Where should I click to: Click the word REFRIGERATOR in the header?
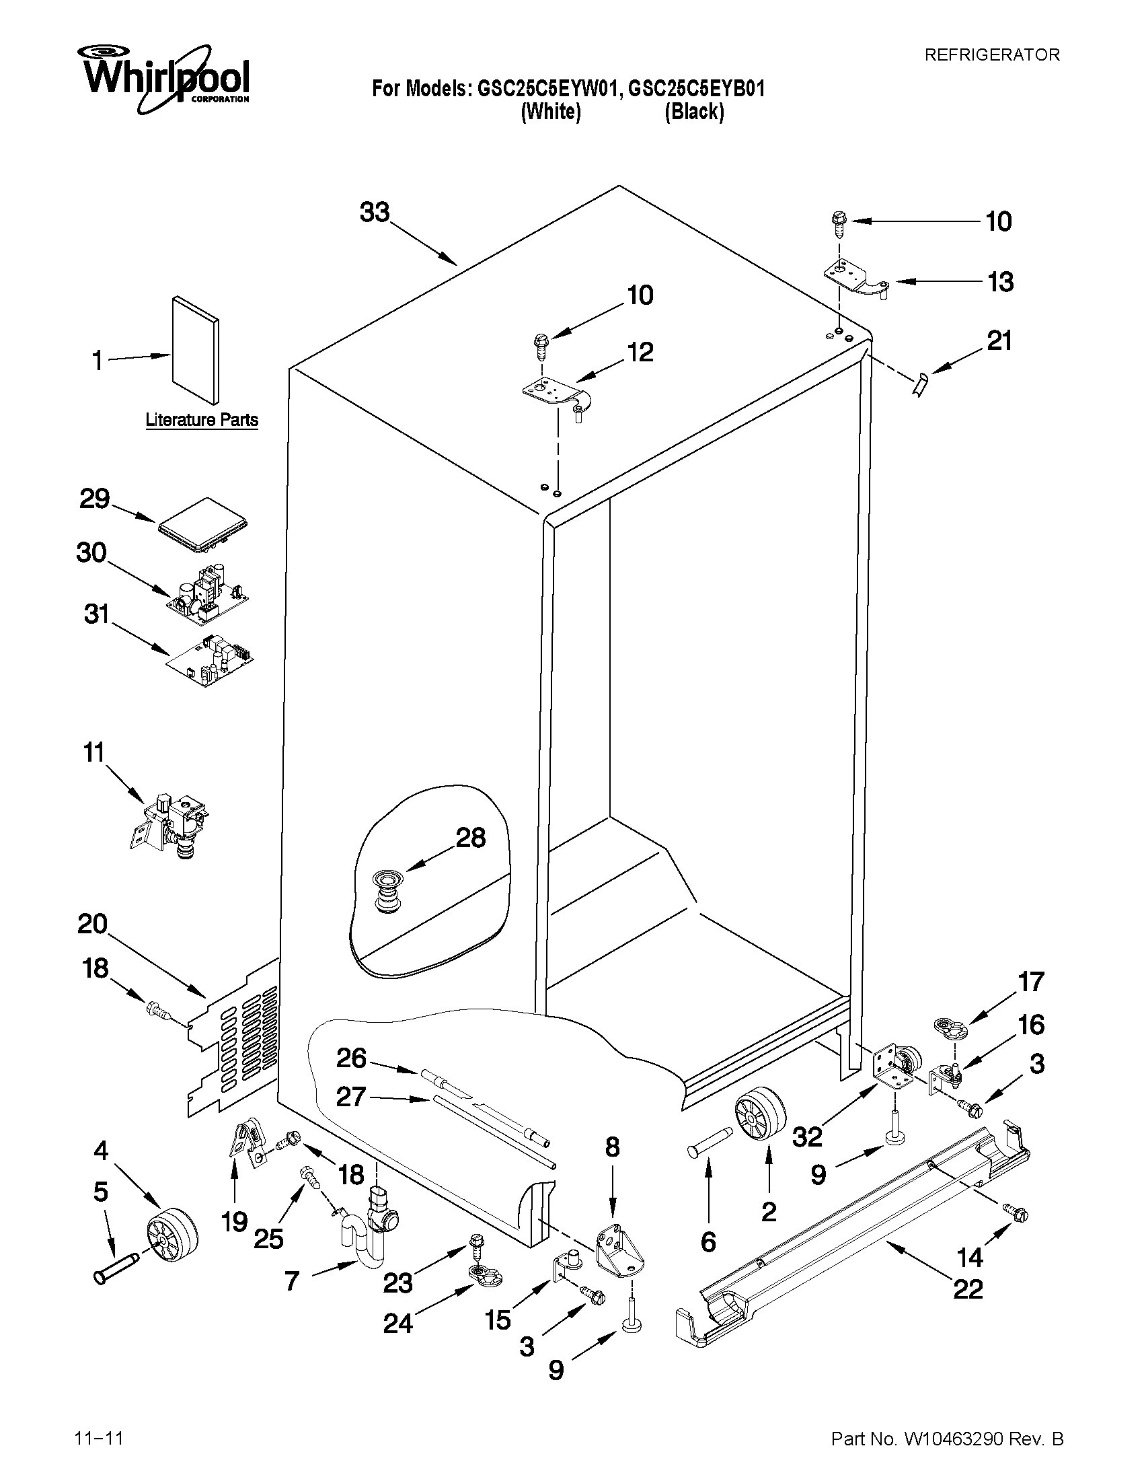[991, 56]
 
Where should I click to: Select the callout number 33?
[375, 213]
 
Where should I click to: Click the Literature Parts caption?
[201, 421]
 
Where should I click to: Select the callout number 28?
[470, 838]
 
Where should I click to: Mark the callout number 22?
[968, 1289]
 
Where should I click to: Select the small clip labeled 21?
[919, 386]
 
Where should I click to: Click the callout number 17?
[1031, 982]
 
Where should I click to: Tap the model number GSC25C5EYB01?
[696, 89]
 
